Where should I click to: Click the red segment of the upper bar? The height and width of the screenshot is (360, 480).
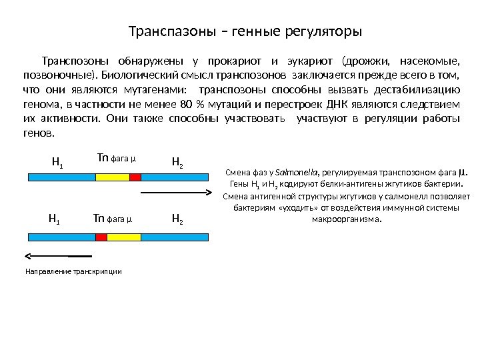click(135, 177)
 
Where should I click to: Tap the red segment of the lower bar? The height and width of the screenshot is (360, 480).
click(101, 237)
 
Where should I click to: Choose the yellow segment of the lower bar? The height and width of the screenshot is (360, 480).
click(124, 237)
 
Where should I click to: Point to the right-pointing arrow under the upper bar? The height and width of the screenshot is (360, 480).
click(177, 193)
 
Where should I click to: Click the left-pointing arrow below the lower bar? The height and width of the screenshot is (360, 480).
click(57, 255)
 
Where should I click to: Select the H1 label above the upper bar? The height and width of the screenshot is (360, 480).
click(57, 161)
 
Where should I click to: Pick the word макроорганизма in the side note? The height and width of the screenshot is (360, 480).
click(347, 219)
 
